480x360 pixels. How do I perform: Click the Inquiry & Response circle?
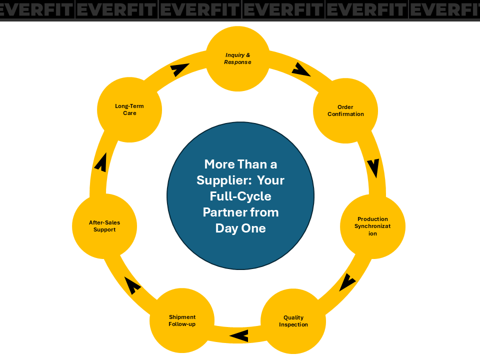(238, 59)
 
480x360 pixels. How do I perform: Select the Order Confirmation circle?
(345, 110)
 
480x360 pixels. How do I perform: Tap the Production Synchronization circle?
(372, 226)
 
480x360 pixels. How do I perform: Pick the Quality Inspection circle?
(293, 321)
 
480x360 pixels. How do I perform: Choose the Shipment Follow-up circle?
(182, 320)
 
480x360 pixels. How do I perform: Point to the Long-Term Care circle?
(130, 110)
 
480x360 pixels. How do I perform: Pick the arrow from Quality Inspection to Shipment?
(239, 335)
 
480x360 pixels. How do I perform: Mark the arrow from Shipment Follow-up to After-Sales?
(132, 285)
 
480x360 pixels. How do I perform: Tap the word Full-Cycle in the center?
(240, 196)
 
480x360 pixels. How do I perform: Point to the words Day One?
(240, 228)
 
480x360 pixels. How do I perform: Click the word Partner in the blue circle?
(225, 212)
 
